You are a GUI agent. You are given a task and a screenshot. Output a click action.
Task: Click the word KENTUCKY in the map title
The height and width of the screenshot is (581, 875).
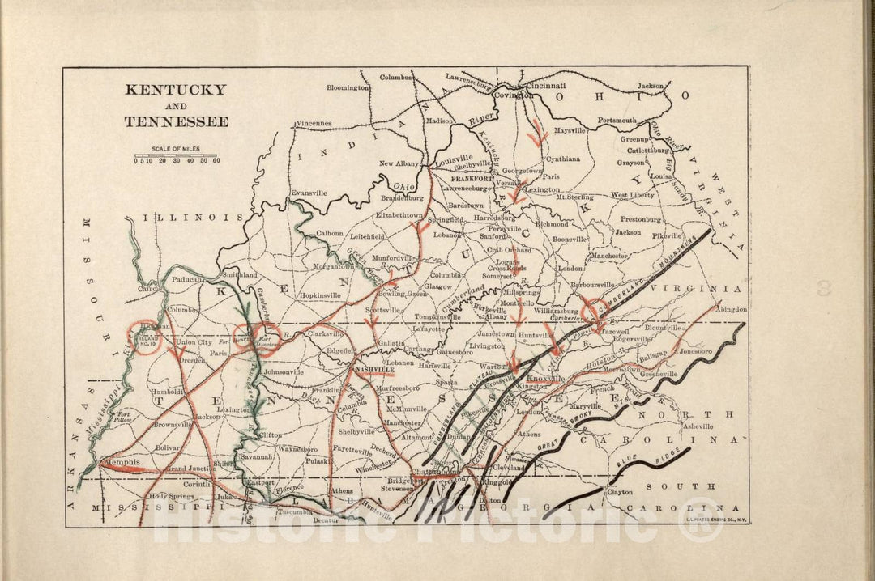pyautogui.click(x=175, y=90)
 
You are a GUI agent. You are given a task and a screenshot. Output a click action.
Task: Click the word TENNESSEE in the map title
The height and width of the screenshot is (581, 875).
pyautogui.click(x=176, y=122)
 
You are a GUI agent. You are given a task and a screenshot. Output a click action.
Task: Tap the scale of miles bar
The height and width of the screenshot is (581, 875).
pyautogui.click(x=177, y=155)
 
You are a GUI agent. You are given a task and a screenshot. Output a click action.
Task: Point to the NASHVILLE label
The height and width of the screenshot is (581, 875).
pyautogui.click(x=374, y=369)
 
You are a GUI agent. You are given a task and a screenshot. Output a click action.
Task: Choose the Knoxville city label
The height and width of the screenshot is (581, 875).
pyautogui.click(x=544, y=379)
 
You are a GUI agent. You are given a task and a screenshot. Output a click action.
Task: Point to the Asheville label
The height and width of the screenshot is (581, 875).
pyautogui.click(x=697, y=426)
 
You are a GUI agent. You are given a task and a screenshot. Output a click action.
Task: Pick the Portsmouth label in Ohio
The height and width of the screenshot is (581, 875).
pyautogui.click(x=617, y=121)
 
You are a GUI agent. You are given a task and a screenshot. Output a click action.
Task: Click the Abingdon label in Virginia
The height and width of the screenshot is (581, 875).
pyautogui.click(x=731, y=309)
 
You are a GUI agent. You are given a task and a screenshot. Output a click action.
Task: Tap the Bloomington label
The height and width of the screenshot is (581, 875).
pyautogui.click(x=348, y=87)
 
